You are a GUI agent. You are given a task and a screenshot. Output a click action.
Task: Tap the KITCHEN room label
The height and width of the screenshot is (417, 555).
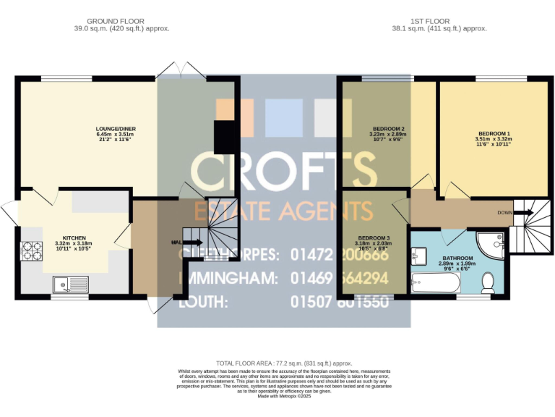(74, 237)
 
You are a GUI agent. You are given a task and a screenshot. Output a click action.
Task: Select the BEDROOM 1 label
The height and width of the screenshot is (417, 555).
(493, 134)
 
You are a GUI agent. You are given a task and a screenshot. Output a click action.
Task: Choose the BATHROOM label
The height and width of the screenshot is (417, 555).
(458, 258)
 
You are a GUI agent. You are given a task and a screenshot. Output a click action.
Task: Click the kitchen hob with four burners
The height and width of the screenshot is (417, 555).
(32, 250)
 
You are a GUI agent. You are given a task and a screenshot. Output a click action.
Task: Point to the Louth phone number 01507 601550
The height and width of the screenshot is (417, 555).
(339, 301)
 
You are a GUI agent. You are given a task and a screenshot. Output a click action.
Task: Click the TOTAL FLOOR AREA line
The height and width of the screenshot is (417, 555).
(284, 363)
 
